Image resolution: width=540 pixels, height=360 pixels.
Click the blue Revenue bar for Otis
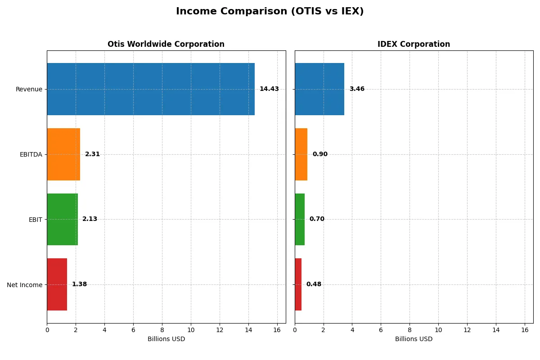coord(151,89)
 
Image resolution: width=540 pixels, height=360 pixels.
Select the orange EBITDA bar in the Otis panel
coord(63,154)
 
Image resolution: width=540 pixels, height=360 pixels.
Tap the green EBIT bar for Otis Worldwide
coord(62,220)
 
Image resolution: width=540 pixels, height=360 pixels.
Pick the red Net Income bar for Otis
coord(57,284)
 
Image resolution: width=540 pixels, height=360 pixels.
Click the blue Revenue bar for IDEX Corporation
coord(319,89)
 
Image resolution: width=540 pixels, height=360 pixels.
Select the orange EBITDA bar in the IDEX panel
coord(301,154)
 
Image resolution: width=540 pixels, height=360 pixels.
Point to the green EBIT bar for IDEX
coord(300,220)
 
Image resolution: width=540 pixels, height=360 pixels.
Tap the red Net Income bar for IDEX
coord(298,284)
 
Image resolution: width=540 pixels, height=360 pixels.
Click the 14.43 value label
coord(269,89)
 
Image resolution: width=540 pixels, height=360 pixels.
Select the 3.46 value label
coord(357,89)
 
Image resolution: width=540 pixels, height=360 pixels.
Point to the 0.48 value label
coord(314,284)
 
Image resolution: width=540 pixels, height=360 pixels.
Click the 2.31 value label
coord(92,154)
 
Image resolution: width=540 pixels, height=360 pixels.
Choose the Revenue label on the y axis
coord(29,90)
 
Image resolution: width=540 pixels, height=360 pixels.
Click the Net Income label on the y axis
coord(24,285)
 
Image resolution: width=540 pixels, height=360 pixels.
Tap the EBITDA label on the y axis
coord(31,155)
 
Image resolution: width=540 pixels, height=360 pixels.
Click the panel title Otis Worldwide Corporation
coord(166,45)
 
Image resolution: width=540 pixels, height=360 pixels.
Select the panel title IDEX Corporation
coord(414,45)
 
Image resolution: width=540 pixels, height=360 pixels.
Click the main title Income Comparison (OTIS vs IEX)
coord(270,12)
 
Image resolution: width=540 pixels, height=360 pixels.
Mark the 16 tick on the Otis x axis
coord(277,330)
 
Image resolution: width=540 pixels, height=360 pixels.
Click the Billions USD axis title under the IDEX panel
coord(414,339)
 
